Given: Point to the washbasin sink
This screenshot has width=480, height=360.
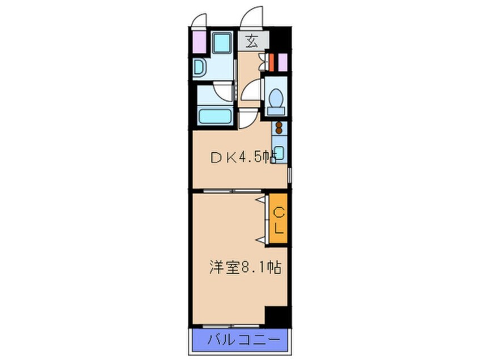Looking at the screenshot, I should [201, 69].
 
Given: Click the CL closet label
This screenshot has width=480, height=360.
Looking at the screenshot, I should [279, 220].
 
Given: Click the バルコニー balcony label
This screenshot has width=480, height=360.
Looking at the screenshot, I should [241, 341].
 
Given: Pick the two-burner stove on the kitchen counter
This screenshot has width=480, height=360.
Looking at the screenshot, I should [279, 130].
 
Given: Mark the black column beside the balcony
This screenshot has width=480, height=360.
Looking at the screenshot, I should [276, 316].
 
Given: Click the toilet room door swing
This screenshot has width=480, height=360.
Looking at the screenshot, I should [251, 91].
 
